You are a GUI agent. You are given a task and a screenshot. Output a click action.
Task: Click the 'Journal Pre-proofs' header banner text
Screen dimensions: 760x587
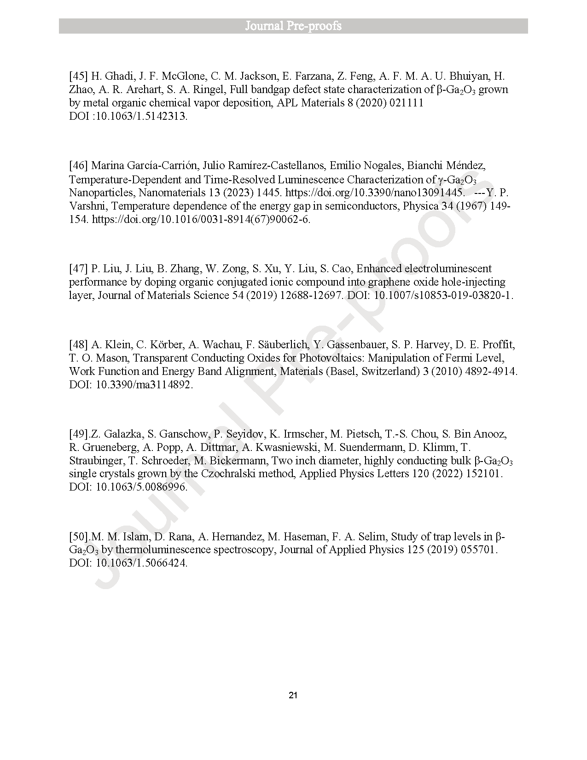[x=293, y=26]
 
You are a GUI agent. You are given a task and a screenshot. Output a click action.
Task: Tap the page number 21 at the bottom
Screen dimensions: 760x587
[x=293, y=696]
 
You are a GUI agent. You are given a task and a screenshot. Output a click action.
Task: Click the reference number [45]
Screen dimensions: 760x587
[x=78, y=76]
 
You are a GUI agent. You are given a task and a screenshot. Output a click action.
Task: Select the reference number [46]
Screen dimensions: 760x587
[x=78, y=165]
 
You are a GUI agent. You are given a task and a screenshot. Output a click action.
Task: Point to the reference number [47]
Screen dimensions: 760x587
[x=78, y=269]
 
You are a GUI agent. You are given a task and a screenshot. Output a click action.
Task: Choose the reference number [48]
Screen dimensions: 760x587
[x=78, y=345]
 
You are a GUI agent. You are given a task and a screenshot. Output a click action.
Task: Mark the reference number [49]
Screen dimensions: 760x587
[x=78, y=434]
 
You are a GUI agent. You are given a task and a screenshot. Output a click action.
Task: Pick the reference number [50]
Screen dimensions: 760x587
[x=78, y=537]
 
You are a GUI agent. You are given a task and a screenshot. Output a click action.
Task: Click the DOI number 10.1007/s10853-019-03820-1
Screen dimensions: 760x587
[x=443, y=295]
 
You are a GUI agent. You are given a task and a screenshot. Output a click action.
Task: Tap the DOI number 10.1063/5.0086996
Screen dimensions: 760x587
[x=140, y=487]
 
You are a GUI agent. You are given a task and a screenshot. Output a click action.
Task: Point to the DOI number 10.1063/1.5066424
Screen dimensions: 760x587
[x=140, y=563]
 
